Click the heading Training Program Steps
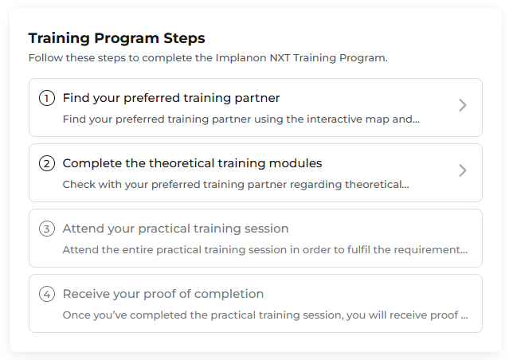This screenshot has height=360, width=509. point(116,38)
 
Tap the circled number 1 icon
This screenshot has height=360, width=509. point(47,98)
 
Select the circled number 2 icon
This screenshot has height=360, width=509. point(47,163)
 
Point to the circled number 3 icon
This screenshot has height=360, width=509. point(47,229)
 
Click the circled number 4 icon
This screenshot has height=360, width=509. point(47,294)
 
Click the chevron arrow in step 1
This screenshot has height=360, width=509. point(463,105)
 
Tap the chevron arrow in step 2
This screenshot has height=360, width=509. point(463,170)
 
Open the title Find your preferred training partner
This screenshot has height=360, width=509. point(171,98)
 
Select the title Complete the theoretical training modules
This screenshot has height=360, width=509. point(192,163)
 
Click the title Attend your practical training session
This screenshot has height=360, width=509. point(175,229)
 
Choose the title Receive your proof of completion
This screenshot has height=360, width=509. point(162,294)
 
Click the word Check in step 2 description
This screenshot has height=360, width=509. point(78,185)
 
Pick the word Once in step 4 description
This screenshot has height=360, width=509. point(76,315)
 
